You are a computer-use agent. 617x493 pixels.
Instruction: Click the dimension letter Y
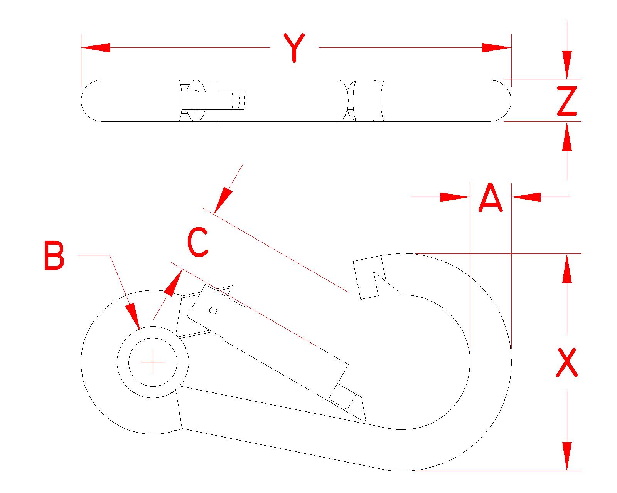294,48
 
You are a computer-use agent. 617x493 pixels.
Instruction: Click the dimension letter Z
567,101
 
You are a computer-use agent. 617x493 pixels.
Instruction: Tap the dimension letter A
491,198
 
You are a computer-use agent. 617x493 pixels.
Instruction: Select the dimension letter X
566,362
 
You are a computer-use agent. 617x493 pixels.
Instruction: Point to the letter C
198,242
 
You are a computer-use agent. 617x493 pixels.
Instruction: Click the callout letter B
54,256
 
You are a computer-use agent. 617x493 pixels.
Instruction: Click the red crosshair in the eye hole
153,362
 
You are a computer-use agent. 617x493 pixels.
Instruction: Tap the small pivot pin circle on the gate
213,310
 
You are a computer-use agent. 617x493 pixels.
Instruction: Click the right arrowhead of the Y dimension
497,48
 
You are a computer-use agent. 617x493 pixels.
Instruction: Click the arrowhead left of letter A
455,197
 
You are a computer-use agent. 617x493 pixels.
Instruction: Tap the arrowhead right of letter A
526,197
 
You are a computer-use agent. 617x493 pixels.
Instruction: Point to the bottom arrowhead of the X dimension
567,456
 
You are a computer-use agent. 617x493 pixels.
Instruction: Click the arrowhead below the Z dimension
567,136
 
